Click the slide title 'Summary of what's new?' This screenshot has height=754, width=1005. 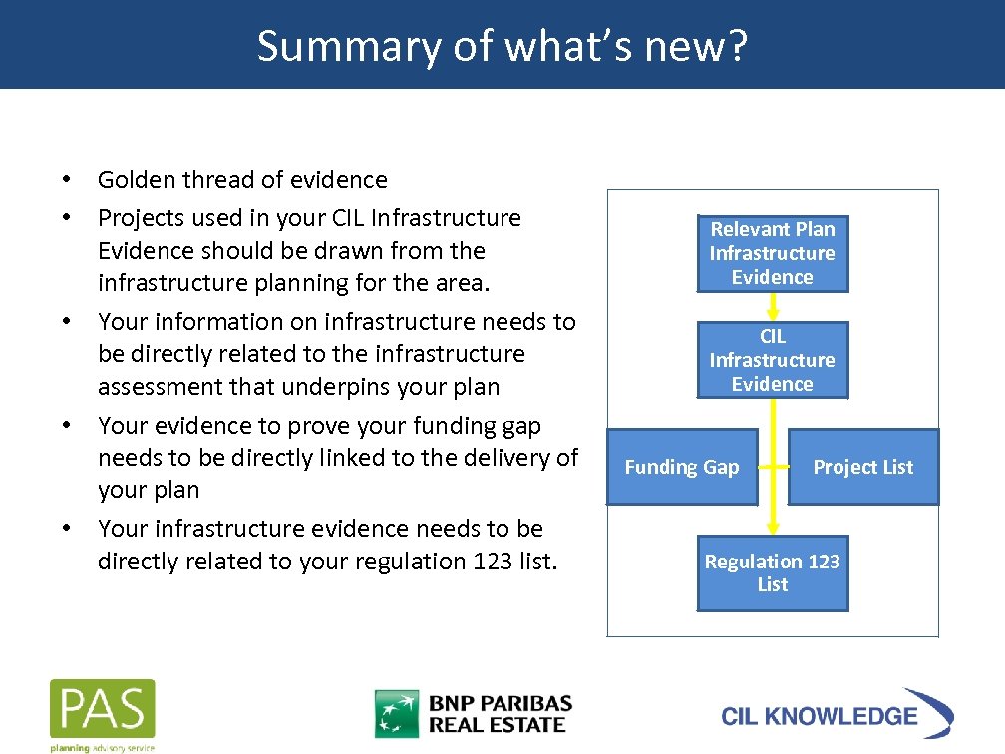502,46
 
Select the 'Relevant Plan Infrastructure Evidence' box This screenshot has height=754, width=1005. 773,253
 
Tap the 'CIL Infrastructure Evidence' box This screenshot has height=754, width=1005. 773,360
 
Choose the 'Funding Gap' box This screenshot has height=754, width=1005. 682,467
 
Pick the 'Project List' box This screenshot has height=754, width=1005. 863,467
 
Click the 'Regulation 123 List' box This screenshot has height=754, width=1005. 773,573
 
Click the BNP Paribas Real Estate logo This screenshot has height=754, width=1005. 474,714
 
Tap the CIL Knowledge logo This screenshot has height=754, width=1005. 837,714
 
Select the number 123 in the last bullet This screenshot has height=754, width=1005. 486,562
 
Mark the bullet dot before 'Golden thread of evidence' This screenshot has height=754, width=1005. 65,180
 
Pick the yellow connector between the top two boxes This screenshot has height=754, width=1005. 773,307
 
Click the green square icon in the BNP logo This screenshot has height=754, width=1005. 396,714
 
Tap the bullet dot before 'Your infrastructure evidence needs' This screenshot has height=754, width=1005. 65,528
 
